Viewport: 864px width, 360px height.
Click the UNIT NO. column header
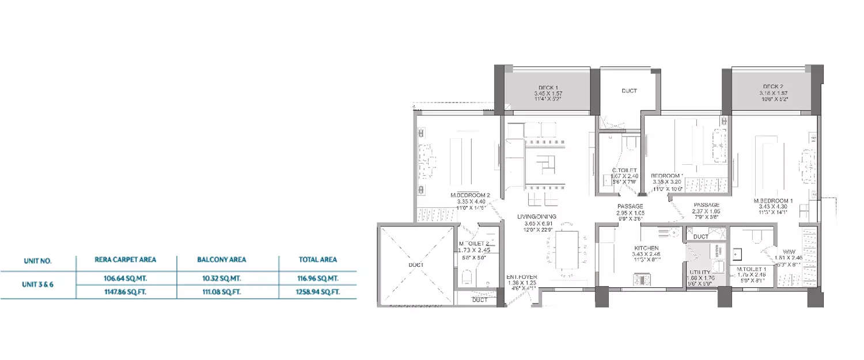point(38,261)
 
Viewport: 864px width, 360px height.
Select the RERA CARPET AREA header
point(125,260)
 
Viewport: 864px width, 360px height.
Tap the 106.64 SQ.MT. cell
point(126,278)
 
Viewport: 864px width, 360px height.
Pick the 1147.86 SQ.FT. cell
point(126,292)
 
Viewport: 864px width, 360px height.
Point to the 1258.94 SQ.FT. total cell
point(319,292)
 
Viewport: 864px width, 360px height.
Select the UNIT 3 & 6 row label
point(38,285)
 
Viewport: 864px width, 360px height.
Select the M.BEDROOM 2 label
point(470,196)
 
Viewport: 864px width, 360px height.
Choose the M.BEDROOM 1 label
point(774,201)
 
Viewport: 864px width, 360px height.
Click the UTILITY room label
point(700,272)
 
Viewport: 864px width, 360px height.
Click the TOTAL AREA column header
point(318,260)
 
